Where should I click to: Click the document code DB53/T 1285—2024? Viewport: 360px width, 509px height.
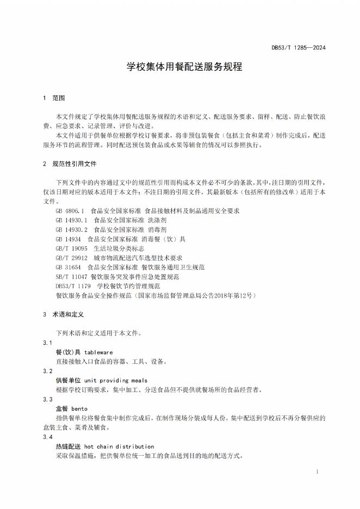299,48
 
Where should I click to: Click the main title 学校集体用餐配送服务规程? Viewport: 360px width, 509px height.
180,67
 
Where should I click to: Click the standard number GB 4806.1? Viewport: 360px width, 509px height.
70,210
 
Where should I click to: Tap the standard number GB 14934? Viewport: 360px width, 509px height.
68,239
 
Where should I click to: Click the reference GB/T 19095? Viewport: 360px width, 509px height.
71,249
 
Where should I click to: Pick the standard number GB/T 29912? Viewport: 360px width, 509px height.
71,258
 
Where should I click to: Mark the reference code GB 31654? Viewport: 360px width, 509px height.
68,268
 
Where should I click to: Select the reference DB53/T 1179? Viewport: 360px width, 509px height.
73,286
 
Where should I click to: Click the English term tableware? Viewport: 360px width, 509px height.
98,352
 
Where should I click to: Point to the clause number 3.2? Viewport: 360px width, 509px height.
48,371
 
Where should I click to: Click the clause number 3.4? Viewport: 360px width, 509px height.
48,437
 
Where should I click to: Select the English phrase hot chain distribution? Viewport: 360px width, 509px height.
119,446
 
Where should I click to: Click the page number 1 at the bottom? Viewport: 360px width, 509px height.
317,472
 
